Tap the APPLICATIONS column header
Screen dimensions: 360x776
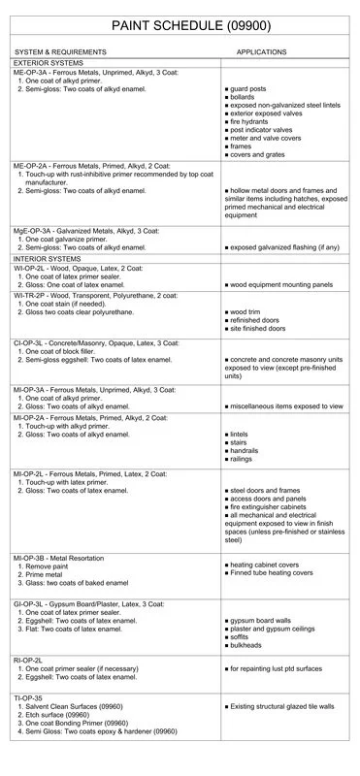point(261,51)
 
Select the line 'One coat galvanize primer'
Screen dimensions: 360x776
point(74,239)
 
